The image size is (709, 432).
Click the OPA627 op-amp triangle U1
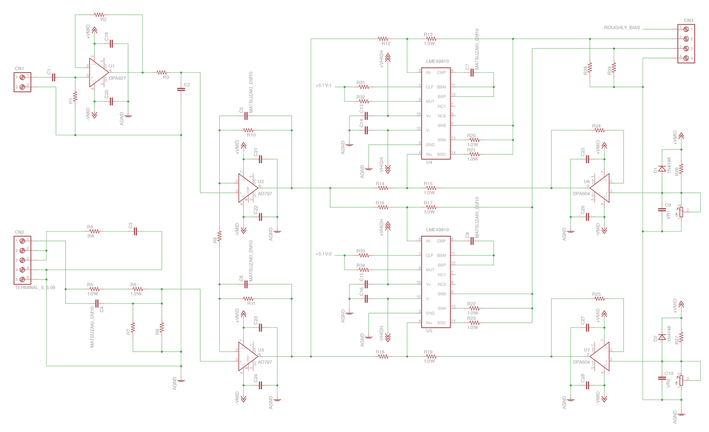98,72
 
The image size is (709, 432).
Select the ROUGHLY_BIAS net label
622,28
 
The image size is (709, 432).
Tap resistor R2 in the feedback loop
99,15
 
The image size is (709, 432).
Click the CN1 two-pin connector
22,82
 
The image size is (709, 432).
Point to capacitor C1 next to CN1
54,77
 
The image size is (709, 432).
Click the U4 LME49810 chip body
436,113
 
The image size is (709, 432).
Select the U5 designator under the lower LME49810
429,331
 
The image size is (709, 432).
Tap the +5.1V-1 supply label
323,86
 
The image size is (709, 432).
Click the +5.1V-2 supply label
323,254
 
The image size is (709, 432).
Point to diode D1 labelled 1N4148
662,169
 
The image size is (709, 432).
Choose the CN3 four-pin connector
686,43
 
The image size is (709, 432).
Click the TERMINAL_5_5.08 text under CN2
35,287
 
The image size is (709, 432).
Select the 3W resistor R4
94,231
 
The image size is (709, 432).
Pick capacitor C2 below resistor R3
181,89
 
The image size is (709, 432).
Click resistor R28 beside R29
590,68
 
